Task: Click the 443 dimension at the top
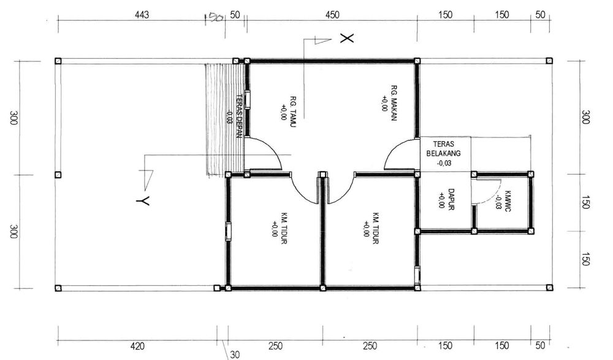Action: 142,15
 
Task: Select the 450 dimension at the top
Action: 332,15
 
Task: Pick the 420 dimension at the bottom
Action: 137,346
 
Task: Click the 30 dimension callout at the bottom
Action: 235,354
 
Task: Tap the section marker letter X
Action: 347,38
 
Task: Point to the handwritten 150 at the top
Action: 214,17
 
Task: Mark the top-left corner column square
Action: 58,61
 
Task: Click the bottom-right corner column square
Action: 549,288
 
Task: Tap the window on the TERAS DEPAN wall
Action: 248,99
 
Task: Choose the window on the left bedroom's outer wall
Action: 228,231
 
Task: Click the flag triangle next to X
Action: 322,40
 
